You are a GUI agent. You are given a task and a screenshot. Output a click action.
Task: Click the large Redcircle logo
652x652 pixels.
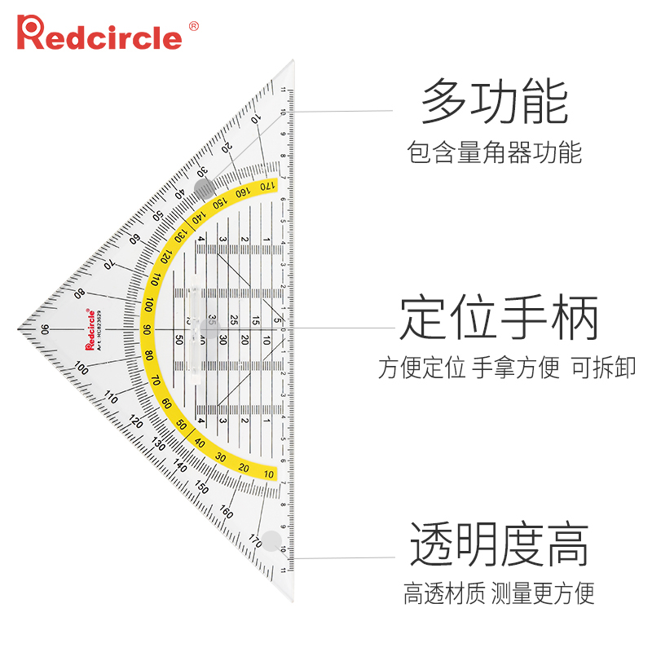coord(100,34)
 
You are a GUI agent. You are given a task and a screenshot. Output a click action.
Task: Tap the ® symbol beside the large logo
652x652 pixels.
coord(193,25)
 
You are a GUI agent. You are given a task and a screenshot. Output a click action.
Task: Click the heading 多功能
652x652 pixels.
coord(495,102)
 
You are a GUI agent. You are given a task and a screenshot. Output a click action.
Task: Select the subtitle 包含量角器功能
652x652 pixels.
coord(495,152)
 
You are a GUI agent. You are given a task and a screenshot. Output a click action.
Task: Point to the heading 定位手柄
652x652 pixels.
coord(500,318)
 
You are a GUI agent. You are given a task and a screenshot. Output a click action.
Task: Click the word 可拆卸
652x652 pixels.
coord(604,368)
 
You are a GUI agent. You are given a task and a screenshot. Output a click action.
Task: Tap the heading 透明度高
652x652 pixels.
coord(499,544)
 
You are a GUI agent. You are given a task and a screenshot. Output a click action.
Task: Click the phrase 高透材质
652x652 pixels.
coord(444,593)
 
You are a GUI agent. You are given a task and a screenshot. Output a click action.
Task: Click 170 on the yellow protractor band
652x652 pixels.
coord(266,187)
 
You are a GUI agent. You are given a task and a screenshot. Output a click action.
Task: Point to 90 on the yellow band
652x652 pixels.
coord(147,330)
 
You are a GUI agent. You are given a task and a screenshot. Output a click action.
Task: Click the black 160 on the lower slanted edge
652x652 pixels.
coord(226,513)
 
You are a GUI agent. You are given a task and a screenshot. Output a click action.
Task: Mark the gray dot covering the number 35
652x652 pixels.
coord(211,329)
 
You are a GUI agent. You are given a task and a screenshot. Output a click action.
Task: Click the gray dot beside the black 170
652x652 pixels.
coord(271,540)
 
